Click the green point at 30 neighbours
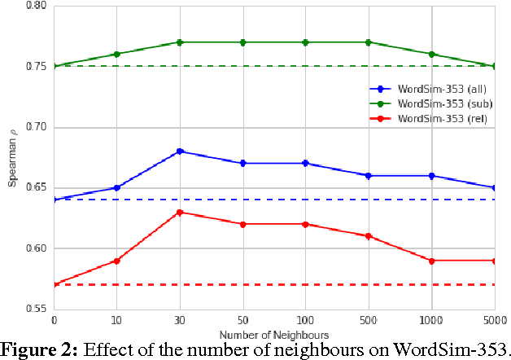(180, 42)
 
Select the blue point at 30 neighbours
(180, 151)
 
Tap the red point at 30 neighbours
(180, 213)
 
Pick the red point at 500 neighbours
(369, 236)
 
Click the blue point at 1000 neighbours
(431, 176)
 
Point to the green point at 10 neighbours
(117, 55)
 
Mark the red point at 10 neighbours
(117, 261)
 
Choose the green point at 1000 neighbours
(431, 55)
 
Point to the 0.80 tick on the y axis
(37, 6)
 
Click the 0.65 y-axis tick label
(37, 188)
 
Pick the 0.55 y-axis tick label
(37, 310)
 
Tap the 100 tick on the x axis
(306, 320)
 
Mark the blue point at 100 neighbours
(306, 164)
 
